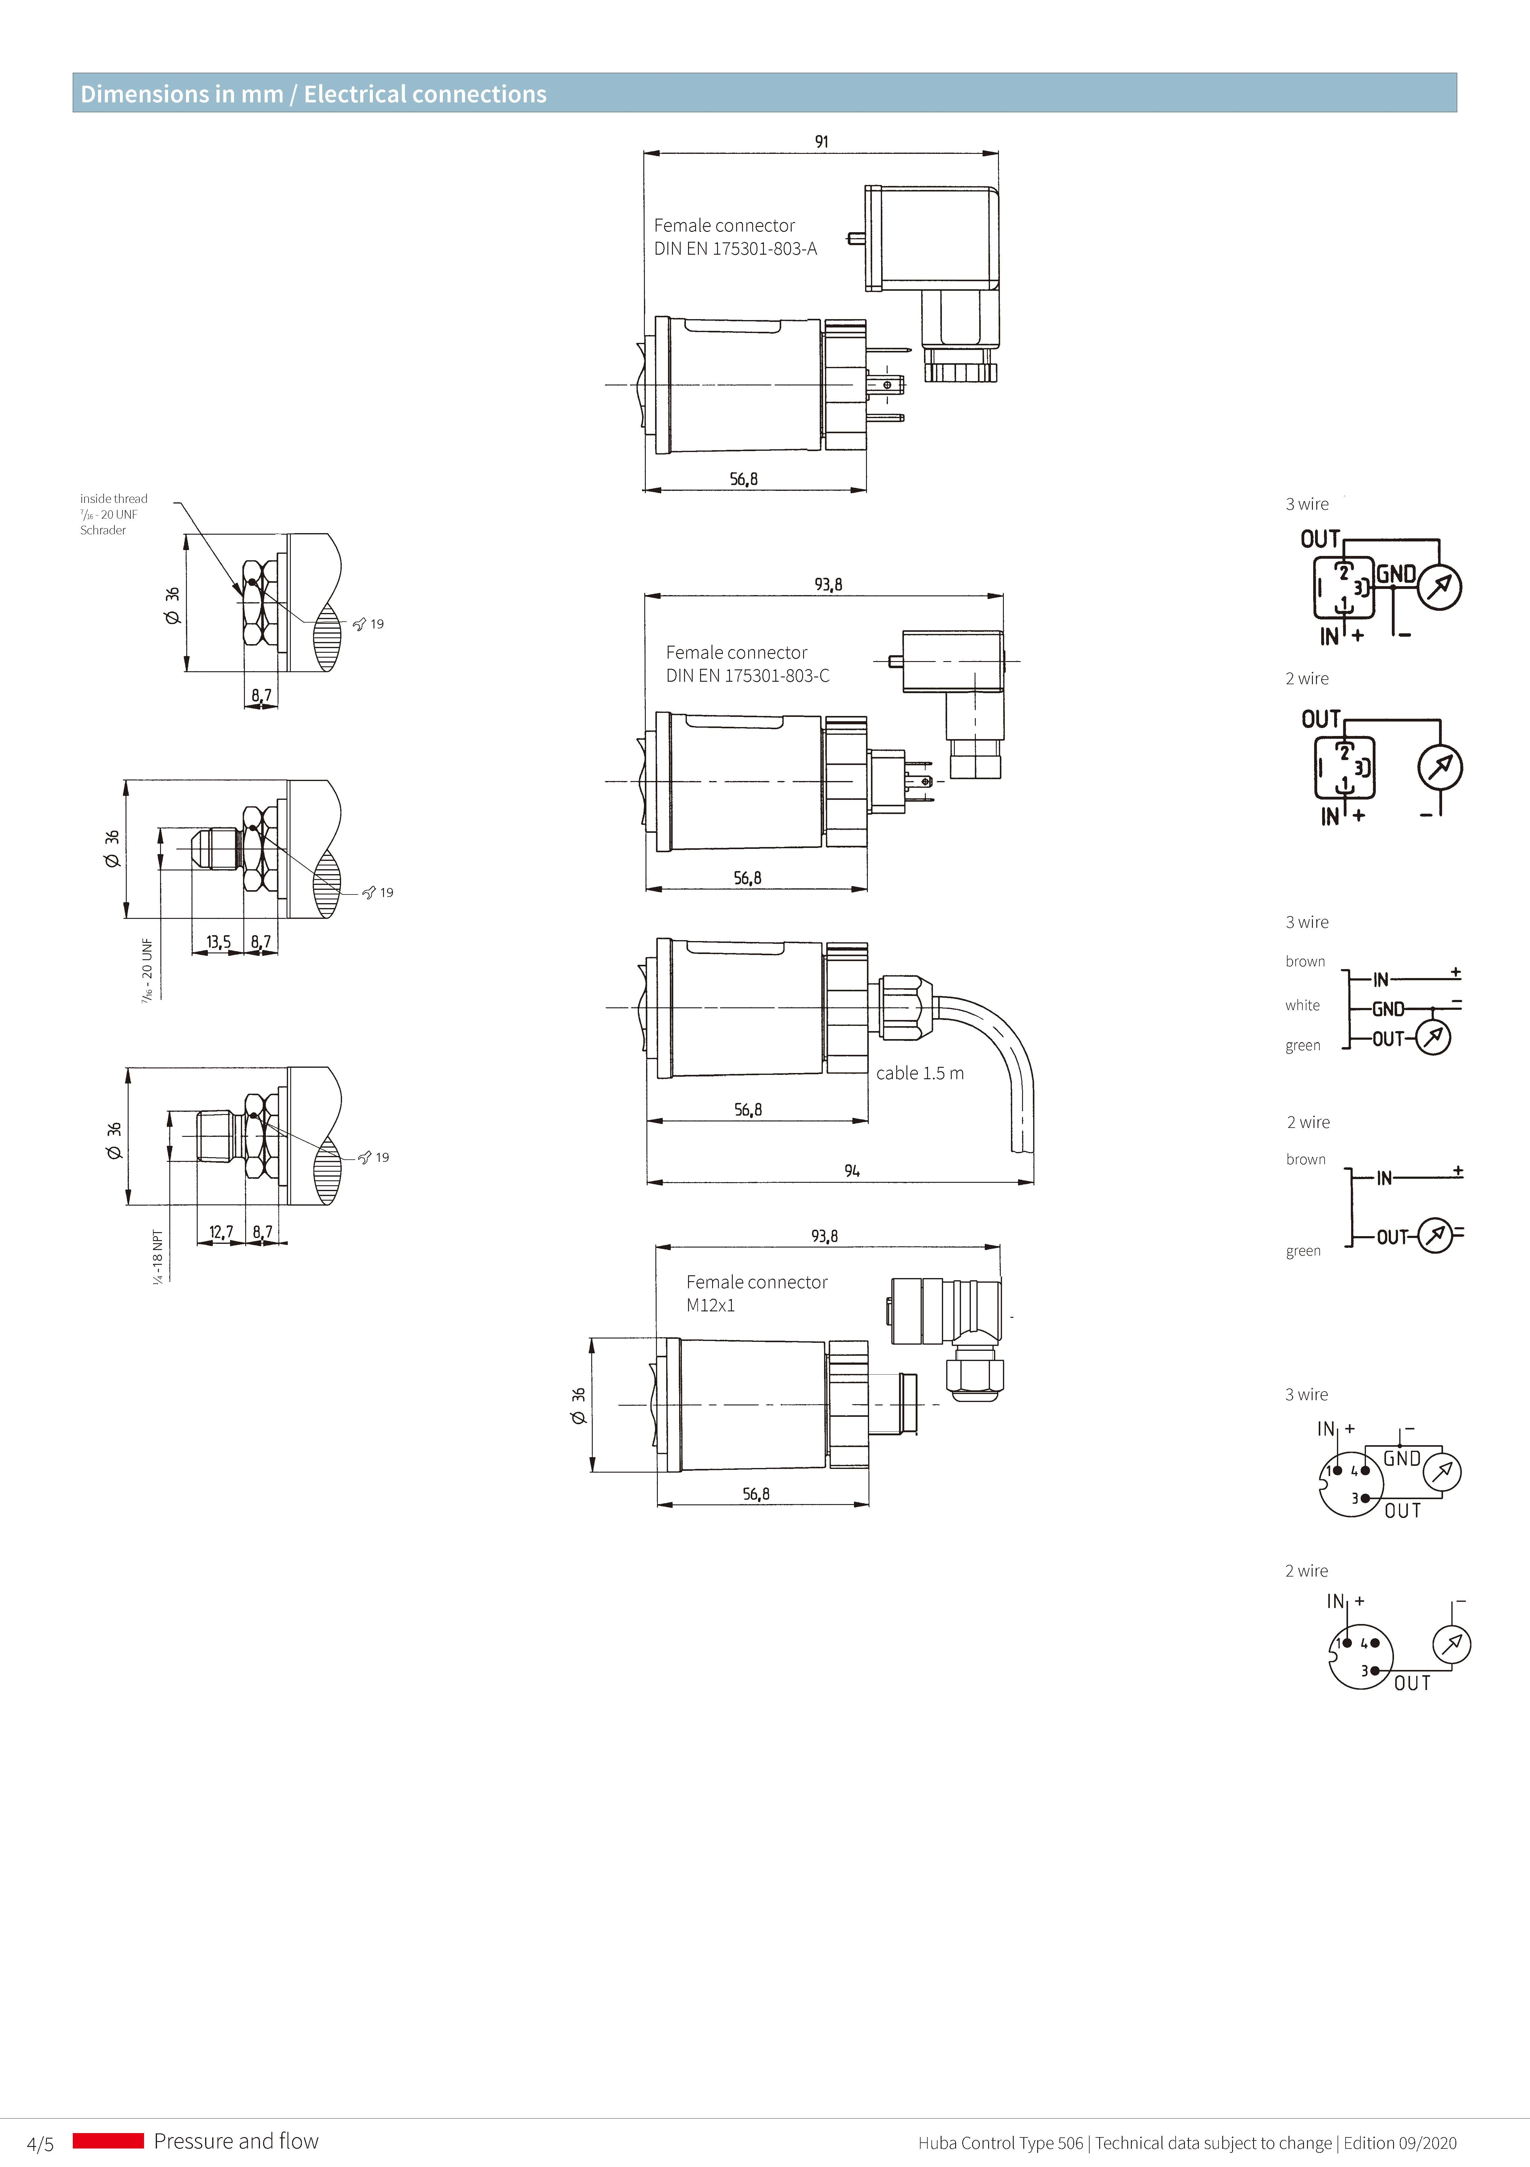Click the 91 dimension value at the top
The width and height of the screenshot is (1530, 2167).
tap(821, 142)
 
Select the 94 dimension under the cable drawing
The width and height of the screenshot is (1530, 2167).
tap(852, 1170)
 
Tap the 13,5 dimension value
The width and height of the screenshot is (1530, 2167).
tap(218, 942)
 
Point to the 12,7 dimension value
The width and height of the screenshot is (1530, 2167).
tap(221, 1232)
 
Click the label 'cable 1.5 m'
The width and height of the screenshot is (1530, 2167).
tap(919, 1073)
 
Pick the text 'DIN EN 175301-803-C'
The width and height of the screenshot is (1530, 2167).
tap(748, 676)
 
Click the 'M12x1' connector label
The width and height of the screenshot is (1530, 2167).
tap(710, 1305)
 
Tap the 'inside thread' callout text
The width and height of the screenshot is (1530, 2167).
tap(113, 498)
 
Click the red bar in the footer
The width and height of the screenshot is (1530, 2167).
tap(108, 2140)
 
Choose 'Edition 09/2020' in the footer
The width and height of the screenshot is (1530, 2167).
tap(1400, 2143)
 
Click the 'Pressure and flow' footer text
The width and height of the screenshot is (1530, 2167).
tap(236, 2140)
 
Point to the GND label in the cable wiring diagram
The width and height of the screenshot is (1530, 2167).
tap(1388, 1009)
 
